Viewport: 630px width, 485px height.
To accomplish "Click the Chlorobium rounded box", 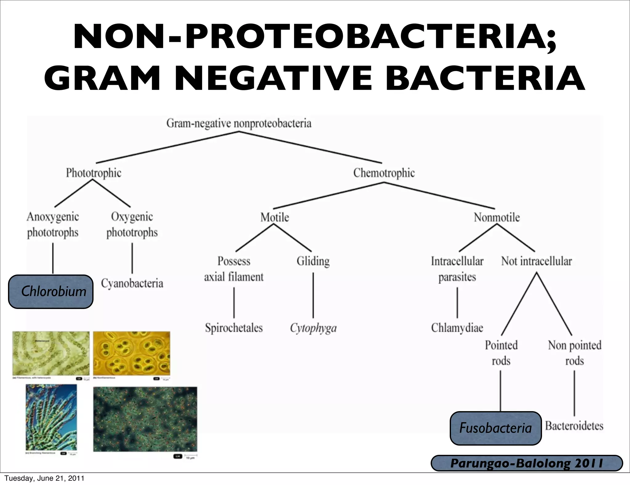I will point(51,291).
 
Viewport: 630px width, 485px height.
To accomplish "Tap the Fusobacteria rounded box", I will point(495,428).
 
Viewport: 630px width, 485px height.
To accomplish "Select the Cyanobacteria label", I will point(132,283).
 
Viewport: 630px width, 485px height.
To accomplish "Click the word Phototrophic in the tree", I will point(94,173).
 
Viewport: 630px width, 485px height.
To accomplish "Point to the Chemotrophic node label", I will point(384,173).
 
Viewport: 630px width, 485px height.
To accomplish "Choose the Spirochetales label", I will point(234,328).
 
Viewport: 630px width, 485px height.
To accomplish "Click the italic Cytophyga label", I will point(313,328).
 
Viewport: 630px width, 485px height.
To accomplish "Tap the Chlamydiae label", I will point(457,328).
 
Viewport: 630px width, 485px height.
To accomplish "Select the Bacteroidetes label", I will point(574,426).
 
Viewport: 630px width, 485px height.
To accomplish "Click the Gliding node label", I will point(313,261).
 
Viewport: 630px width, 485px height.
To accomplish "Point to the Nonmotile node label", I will point(496,218).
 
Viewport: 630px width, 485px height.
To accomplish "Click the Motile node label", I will point(274,218).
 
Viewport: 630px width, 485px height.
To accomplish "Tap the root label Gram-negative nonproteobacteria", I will point(239,124).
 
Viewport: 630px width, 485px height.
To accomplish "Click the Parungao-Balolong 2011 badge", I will point(527,463).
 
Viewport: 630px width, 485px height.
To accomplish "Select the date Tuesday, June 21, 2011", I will point(44,478).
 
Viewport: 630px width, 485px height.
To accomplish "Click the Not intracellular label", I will point(536,261).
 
